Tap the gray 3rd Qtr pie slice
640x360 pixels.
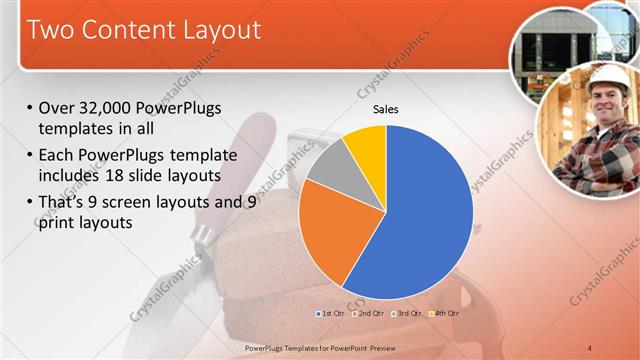click(328, 165)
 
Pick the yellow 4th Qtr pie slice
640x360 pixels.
click(367, 146)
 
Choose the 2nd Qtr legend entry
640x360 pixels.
click(371, 314)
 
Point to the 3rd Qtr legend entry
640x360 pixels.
click(408, 314)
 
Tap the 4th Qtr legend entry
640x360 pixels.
click(444, 314)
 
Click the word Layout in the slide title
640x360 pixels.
click(213, 30)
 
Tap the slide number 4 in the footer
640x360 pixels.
click(589, 347)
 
